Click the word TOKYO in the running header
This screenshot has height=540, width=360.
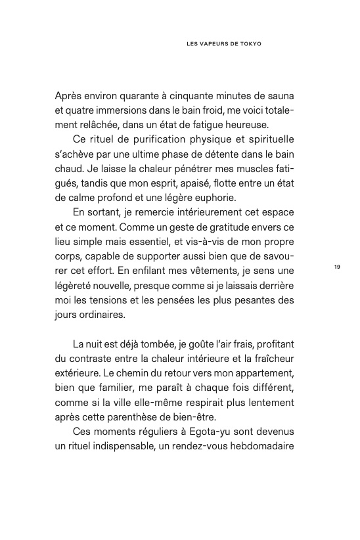click(x=249, y=45)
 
